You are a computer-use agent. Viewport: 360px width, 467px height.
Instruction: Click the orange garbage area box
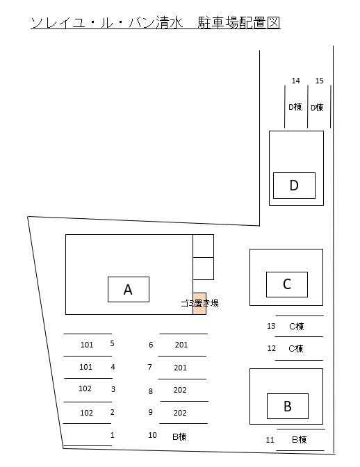pyautogui.click(x=199, y=304)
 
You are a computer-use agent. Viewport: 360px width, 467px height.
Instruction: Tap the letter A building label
pyautogui.click(x=128, y=290)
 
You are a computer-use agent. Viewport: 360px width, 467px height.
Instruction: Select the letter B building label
pyautogui.click(x=288, y=407)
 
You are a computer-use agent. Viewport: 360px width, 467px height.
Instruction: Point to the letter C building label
pyautogui.click(x=287, y=284)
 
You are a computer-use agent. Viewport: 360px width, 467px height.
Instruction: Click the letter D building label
pyautogui.click(x=294, y=186)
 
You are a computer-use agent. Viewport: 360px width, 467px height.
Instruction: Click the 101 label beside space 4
pyautogui.click(x=85, y=367)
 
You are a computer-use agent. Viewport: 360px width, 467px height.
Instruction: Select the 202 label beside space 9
pyautogui.click(x=180, y=413)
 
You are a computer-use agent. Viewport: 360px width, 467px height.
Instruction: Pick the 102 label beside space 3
pyautogui.click(x=85, y=388)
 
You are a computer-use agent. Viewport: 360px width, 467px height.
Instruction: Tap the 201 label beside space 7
pyautogui.click(x=181, y=368)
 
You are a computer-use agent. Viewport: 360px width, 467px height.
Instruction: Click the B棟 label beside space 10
pyautogui.click(x=179, y=437)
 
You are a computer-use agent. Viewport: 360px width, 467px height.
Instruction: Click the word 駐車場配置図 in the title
pyautogui.click(x=239, y=23)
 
